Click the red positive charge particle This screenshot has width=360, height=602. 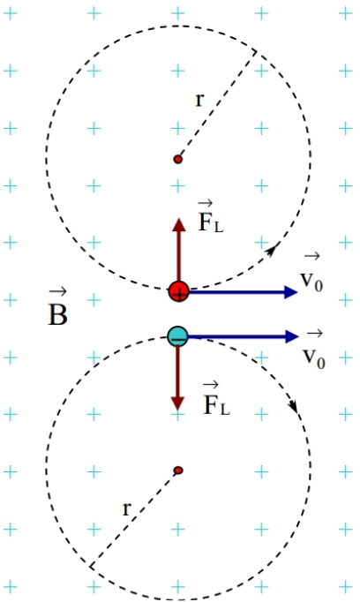pyautogui.click(x=179, y=291)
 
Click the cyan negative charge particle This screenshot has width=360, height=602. pyautogui.click(x=177, y=336)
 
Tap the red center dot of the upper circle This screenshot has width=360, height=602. pyautogui.click(x=177, y=159)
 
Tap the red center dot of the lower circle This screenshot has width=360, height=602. pyautogui.click(x=177, y=470)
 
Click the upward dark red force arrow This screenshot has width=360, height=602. pyautogui.click(x=178, y=250)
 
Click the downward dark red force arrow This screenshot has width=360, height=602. pyautogui.click(x=177, y=378)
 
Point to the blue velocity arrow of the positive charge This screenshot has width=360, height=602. pyautogui.click(x=244, y=292)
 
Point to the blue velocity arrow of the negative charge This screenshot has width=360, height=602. pyautogui.click(x=243, y=336)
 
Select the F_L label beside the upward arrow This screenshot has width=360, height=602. pyautogui.click(x=210, y=217)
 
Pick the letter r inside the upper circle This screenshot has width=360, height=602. pyautogui.click(x=199, y=100)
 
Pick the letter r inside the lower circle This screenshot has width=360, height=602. pyautogui.click(x=127, y=509)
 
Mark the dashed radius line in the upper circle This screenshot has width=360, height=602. pyautogui.click(x=217, y=105)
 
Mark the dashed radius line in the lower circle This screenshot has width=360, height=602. pyautogui.click(x=134, y=517)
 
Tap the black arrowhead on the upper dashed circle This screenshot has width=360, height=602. pyautogui.click(x=273, y=250)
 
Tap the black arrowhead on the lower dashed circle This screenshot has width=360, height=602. pyautogui.click(x=293, y=405)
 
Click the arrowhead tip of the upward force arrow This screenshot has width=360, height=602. pyautogui.click(x=179, y=218)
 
